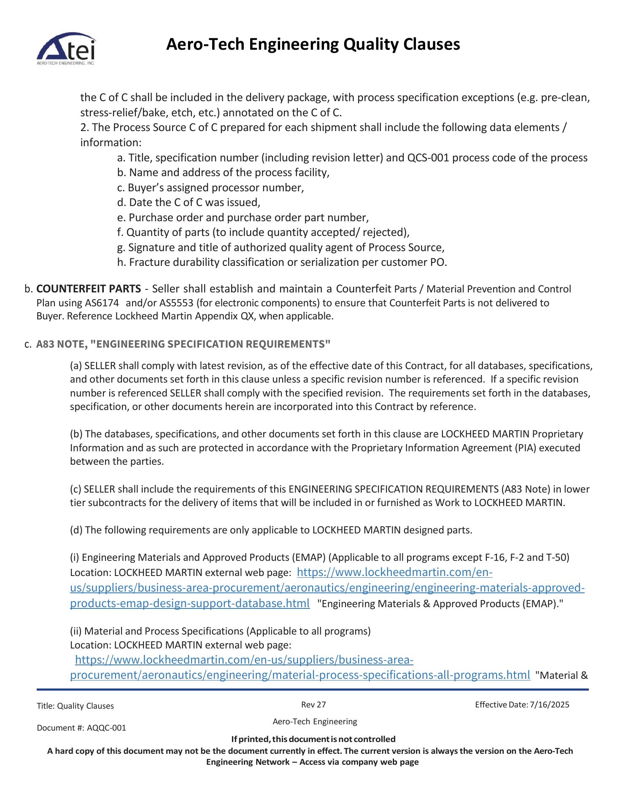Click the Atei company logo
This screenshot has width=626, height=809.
pos(66,50)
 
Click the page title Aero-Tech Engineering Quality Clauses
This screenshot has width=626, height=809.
pos(313,44)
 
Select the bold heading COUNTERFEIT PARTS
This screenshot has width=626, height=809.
pos(89,289)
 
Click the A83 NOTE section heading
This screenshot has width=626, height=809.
pos(183,344)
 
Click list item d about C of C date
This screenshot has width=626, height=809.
pos(189,202)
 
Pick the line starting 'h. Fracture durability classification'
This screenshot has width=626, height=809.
pos(282,262)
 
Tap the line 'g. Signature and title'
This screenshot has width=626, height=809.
pos(281,247)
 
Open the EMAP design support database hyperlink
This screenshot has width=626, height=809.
pos(327,588)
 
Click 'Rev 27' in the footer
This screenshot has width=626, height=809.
pos(313,705)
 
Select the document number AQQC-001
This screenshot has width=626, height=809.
pos(106,728)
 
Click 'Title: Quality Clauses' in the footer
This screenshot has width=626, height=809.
pos(75,706)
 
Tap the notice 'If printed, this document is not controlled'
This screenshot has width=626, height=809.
pos(313,739)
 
